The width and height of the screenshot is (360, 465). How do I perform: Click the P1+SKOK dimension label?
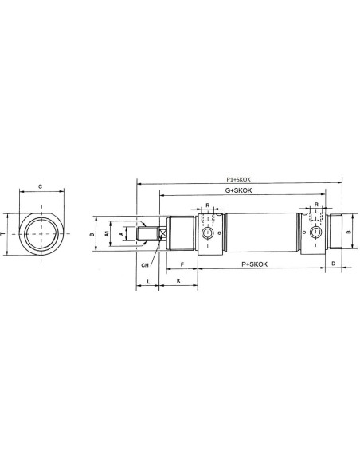[239, 179]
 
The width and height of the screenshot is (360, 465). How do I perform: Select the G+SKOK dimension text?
[238, 190]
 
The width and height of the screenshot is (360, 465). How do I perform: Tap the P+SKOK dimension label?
[254, 264]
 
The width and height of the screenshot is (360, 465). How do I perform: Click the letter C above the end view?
[41, 186]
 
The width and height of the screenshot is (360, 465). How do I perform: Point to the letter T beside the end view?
[2, 234]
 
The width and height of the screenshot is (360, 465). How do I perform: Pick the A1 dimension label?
[107, 234]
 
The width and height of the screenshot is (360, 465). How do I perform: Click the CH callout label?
[145, 265]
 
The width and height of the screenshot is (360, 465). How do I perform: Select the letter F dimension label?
[182, 264]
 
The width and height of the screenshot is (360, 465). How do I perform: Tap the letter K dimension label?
[178, 280]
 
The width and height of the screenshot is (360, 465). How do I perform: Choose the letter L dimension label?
[149, 281]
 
